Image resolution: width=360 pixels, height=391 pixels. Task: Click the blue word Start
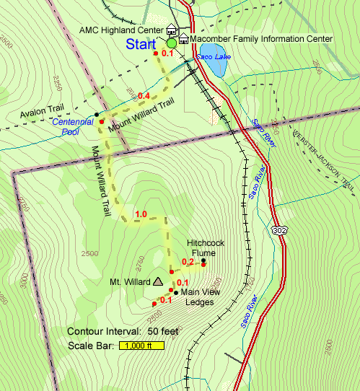point(141,44)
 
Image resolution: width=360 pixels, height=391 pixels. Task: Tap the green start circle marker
point(172,44)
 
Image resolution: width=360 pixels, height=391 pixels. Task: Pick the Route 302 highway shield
point(280,229)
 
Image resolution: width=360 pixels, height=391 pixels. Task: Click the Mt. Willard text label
point(129,281)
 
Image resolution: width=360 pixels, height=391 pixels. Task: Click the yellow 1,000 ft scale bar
point(144,346)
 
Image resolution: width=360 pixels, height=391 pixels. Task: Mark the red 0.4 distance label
point(144,96)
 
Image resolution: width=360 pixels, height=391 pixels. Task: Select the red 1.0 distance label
point(141,214)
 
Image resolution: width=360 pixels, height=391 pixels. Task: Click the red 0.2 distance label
point(188,262)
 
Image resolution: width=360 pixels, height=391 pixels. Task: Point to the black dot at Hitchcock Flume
point(203,260)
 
